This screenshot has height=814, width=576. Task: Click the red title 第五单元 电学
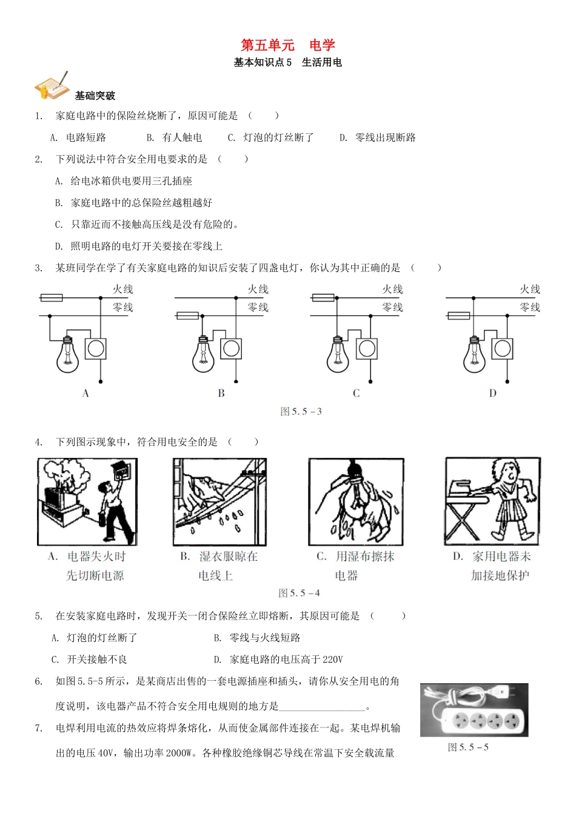[288, 45]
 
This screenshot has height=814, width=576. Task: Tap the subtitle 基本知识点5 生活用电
[288, 62]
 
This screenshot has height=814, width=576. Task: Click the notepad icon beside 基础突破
[52, 86]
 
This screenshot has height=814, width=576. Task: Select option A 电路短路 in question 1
[79, 137]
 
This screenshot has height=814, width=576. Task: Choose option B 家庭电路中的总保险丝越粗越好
[134, 203]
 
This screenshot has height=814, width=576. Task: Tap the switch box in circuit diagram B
[230, 348]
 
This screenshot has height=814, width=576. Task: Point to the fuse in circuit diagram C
[323, 297]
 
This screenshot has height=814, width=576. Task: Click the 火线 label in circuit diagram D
[529, 290]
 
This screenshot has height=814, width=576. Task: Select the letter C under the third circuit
[356, 393]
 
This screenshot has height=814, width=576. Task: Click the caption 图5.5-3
[301, 412]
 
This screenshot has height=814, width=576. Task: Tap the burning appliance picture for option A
[87, 502]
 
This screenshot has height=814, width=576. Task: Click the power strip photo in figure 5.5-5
[474, 710]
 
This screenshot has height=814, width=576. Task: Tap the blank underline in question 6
[323, 706]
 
